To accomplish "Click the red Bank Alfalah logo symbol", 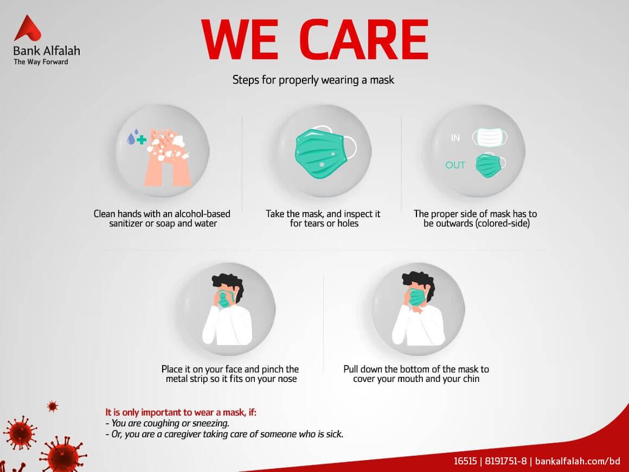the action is [27, 29].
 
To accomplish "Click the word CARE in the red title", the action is [364, 40].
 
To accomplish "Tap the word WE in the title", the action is [240, 40].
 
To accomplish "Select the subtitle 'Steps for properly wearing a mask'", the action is [313, 80].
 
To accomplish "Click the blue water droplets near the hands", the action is [133, 137].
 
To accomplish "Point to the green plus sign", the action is [141, 139].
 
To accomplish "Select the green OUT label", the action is [455, 165].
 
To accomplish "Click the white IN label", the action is [455, 138].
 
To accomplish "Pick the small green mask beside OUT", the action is [490, 165].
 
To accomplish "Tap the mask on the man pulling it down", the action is [417, 297].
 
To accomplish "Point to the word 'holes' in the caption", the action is [348, 224].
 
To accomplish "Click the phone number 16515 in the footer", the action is [465, 461].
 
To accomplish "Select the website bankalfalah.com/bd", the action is [577, 461].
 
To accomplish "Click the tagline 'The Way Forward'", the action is [41, 62].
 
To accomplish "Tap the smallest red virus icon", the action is [53, 406].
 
